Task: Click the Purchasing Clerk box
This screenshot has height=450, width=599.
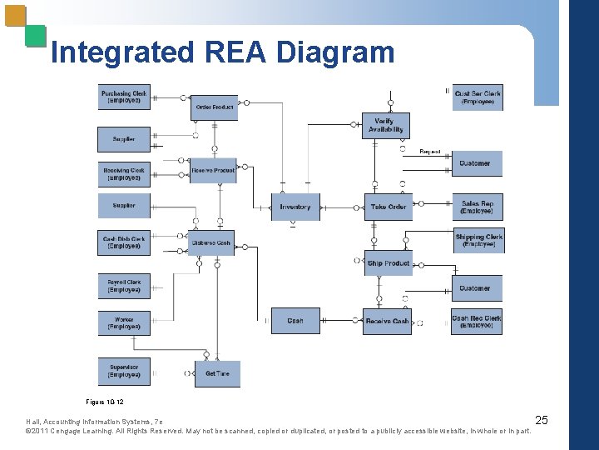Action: tap(124, 97)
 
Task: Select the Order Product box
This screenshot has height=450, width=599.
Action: tap(215, 107)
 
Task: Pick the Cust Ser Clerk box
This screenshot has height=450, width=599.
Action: tap(478, 97)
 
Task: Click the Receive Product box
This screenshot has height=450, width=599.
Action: tap(212, 171)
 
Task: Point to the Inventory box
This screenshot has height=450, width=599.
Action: tap(295, 207)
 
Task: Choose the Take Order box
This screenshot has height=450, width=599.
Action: tap(388, 207)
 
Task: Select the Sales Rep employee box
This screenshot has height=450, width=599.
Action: tap(478, 207)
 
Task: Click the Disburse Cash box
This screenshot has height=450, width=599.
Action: tap(210, 243)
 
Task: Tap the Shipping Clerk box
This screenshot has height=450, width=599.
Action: tap(478, 240)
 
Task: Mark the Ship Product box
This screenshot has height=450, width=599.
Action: tap(389, 263)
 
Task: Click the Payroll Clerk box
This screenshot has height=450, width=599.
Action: tap(124, 286)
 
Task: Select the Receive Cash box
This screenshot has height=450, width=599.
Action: tap(387, 321)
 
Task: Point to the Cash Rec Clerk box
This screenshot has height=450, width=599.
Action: tap(477, 321)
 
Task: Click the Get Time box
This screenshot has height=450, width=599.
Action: tap(217, 373)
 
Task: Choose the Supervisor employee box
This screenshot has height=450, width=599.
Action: tap(124, 370)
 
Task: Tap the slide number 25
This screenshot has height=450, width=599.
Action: tap(541, 419)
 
